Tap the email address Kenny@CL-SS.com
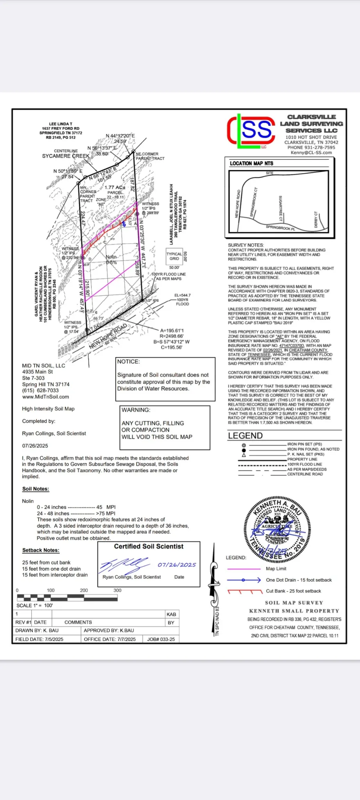(x=311, y=153)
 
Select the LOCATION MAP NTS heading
(x=251, y=163)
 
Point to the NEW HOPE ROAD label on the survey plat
(x=108, y=336)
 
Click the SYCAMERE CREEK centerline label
(x=66, y=156)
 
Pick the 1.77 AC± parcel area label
(x=115, y=187)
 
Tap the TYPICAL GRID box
(x=174, y=256)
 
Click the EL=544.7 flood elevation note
(x=182, y=295)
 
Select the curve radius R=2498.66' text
(x=171, y=336)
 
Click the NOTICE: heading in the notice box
(x=128, y=362)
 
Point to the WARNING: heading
(x=136, y=410)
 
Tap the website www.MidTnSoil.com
(x=46, y=397)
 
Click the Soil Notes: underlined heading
(x=36, y=489)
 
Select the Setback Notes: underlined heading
(x=41, y=550)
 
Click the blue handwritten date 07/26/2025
(x=177, y=565)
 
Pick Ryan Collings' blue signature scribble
(x=124, y=564)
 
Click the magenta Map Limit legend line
(x=244, y=569)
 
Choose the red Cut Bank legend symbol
(x=244, y=591)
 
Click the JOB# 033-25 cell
(x=161, y=639)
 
